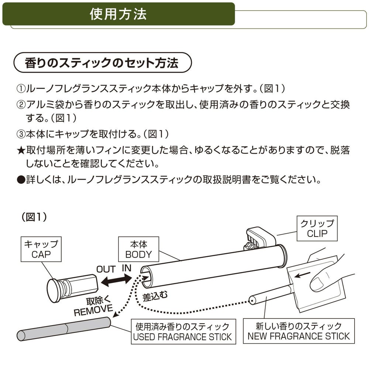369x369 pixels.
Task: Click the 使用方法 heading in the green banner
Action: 118,14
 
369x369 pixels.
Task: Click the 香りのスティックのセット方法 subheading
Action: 102,63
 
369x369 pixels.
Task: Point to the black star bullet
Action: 21,150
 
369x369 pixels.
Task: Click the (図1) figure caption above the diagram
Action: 34,217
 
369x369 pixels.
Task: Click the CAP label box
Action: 41,249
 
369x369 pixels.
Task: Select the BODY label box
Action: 138,249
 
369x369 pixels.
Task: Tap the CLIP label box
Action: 317,228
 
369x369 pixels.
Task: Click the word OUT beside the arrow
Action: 106,269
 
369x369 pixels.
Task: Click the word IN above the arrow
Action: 127,268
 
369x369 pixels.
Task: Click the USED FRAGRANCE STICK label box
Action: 183,331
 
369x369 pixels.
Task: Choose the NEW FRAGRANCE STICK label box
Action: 299,331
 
